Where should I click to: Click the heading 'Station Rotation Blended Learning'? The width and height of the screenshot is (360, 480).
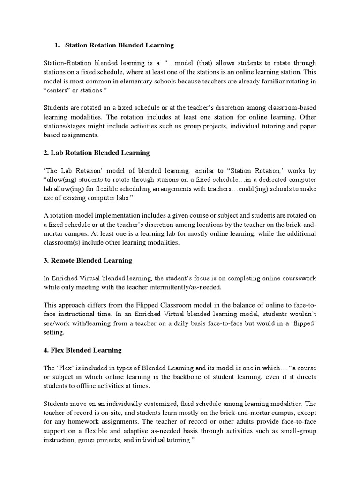pos(119,45)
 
